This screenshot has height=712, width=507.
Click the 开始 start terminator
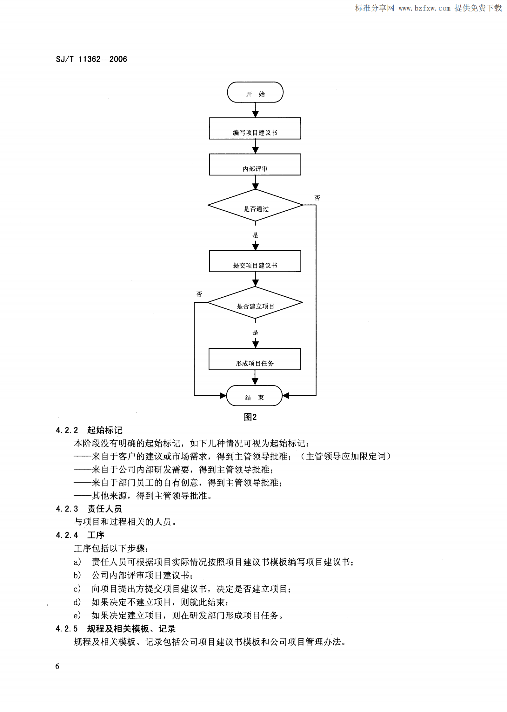coord(255,92)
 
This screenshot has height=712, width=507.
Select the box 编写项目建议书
coord(255,129)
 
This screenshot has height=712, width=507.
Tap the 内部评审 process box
coord(255,165)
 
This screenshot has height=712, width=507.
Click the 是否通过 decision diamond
coord(255,205)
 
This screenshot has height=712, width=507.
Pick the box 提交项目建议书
coord(255,261)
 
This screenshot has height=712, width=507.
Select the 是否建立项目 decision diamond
coord(255,303)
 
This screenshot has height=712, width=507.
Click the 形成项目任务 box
coord(254,359)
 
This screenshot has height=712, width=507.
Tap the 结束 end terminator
coord(254,396)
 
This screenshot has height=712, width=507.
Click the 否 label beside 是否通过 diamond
coord(317,198)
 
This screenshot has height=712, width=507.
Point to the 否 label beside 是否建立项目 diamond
coord(199,294)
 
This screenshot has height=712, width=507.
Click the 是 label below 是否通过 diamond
coord(255,235)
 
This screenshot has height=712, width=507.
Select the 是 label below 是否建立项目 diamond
coord(255,332)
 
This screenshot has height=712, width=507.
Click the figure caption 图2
coord(250,417)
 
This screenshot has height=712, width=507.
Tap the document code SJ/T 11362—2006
coord(91,59)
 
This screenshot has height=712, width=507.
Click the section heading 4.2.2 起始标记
coord(89,430)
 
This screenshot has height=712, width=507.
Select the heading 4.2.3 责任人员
coord(89,509)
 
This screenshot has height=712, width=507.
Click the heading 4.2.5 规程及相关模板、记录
coord(116,629)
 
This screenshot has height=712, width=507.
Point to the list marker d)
coord(77,602)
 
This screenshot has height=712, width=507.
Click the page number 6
coord(57,666)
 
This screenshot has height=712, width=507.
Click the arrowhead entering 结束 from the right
coord(286,395)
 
